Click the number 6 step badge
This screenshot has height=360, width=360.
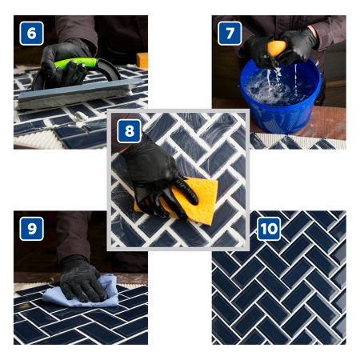(x=31, y=34)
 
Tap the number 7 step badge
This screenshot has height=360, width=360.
(x=230, y=34)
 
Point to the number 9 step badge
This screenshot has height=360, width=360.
(x=31, y=230)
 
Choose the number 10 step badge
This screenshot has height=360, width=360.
(x=270, y=230)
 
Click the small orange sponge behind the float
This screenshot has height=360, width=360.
(x=142, y=60)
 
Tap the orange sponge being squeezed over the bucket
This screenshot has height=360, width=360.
(x=276, y=49)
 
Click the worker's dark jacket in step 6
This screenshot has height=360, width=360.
(x=96, y=32)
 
